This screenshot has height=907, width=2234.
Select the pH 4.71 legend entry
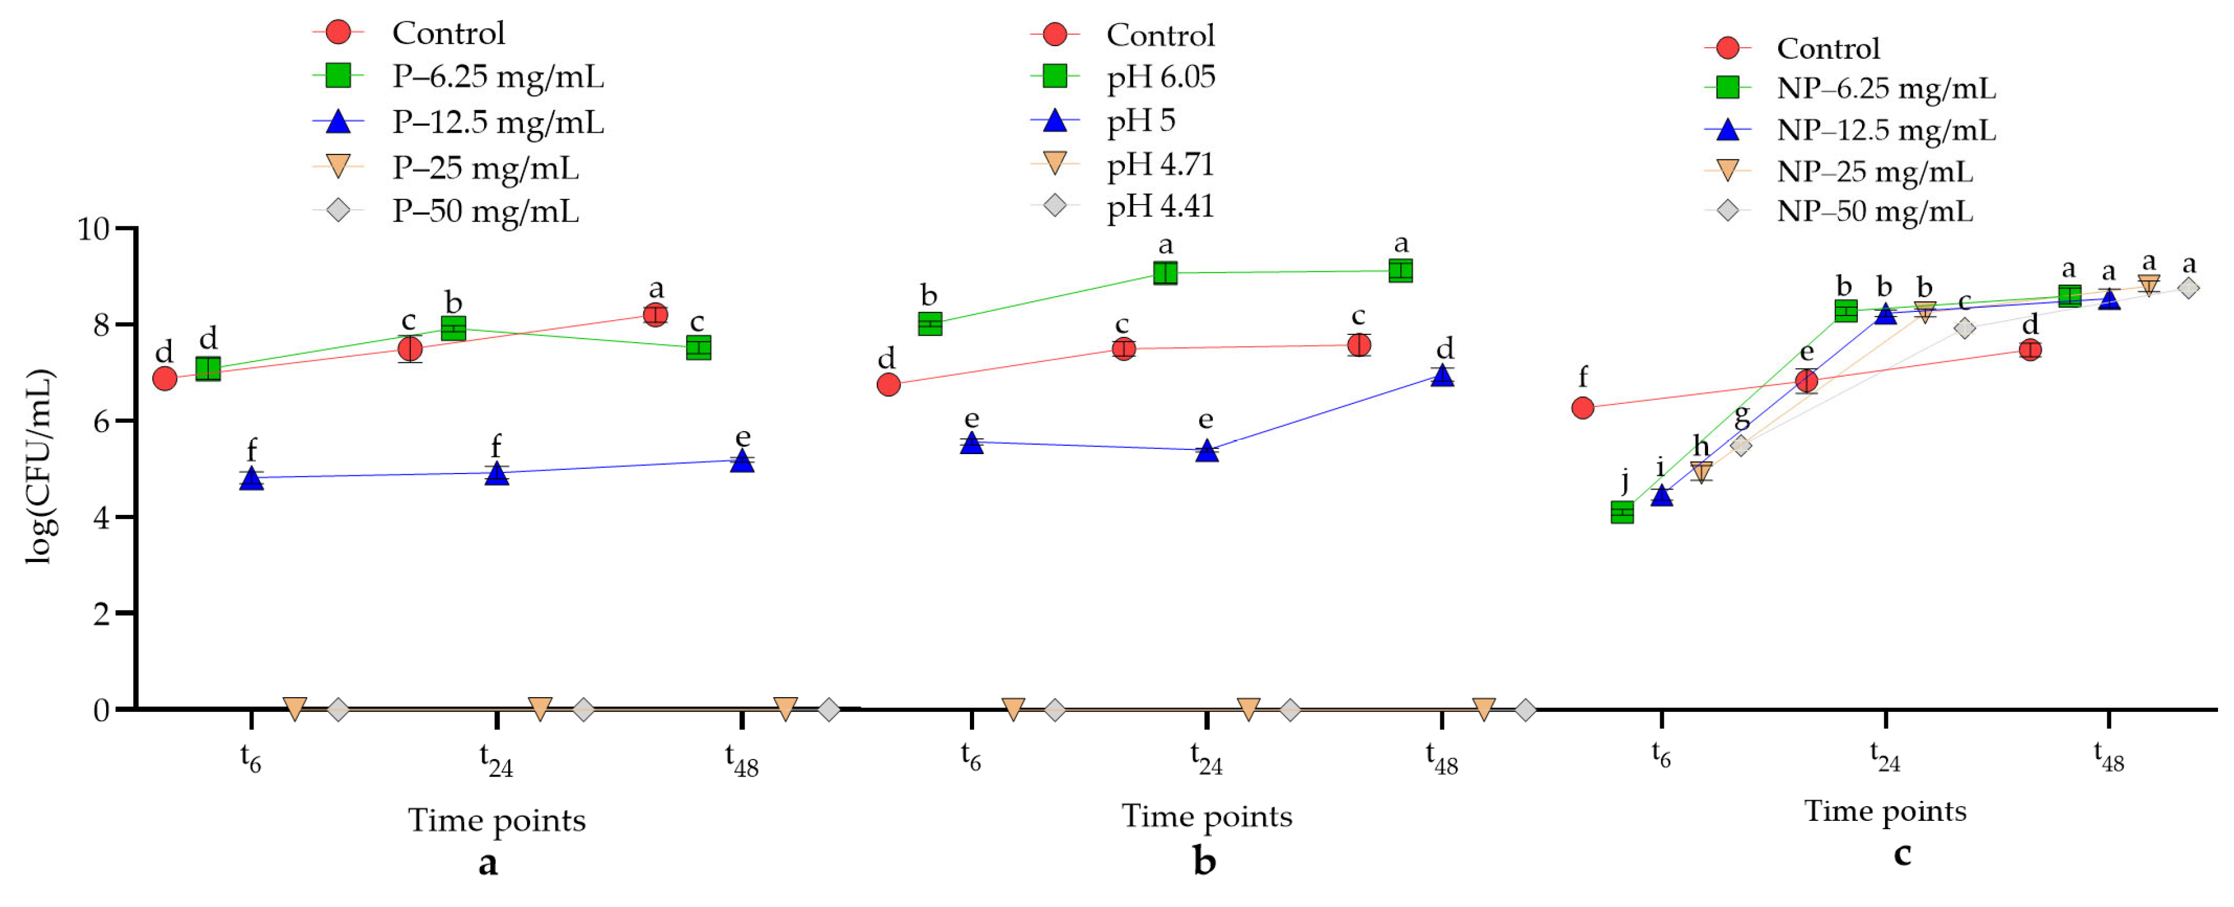1160,164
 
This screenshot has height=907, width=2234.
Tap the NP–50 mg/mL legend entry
1874,211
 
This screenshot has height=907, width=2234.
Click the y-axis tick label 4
101,518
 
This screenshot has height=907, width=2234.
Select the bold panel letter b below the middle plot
1205,860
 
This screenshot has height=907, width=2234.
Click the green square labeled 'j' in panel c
1622,512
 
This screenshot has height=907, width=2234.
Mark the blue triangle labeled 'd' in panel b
1442,376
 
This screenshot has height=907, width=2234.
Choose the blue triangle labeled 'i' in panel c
1661,495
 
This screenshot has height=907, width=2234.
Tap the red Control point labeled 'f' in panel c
1582,408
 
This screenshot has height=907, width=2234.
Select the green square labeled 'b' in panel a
453,328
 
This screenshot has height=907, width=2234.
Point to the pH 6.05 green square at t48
1400,271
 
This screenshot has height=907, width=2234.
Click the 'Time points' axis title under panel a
497,819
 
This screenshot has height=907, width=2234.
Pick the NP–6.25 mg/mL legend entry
1886,88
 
